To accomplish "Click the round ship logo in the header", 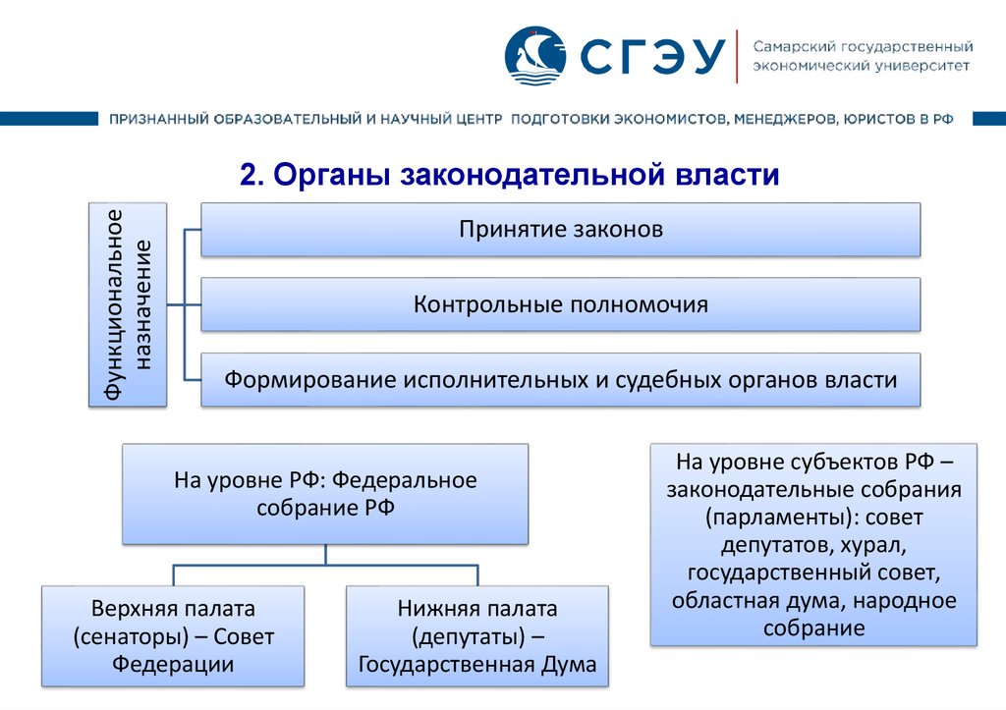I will pyautogui.click(x=535, y=56).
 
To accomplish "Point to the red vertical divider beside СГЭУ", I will pyautogui.click(x=736, y=57).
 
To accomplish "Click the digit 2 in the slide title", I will pyautogui.click(x=249, y=175).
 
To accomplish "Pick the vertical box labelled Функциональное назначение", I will pyautogui.click(x=128, y=304).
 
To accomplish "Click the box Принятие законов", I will pyautogui.click(x=561, y=230).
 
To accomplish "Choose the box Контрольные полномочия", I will pyautogui.click(x=561, y=304).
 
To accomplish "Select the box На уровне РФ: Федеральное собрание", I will pyautogui.click(x=325, y=494).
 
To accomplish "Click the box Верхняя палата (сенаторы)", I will pyautogui.click(x=173, y=636).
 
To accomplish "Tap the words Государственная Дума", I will pyautogui.click(x=477, y=665).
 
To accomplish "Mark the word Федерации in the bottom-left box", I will pyautogui.click(x=173, y=665).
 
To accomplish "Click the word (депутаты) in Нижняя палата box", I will pyautogui.click(x=469, y=636).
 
